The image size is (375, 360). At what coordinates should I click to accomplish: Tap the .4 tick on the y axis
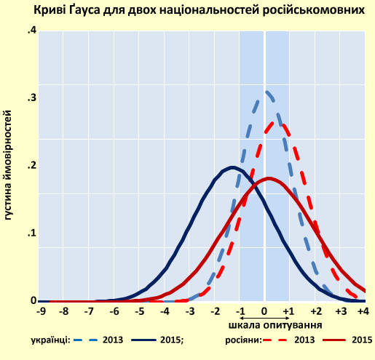(x=31, y=31)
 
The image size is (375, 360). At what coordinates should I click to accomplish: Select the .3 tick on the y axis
(x=31, y=98)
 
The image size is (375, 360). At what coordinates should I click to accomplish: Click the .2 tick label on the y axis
(x=31, y=166)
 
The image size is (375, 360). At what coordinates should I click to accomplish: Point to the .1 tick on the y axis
(x=31, y=233)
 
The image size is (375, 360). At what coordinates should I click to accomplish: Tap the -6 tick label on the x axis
(x=115, y=311)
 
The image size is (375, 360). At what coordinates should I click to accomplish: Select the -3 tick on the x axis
(x=190, y=311)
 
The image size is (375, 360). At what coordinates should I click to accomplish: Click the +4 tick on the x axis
(x=363, y=311)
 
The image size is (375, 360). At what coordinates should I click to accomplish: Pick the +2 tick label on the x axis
(x=315, y=311)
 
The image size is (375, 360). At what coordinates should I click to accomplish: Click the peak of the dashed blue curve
(x=267, y=92)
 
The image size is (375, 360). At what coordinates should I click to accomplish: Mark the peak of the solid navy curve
(x=232, y=167)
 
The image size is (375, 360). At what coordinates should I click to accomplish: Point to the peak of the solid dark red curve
(x=269, y=178)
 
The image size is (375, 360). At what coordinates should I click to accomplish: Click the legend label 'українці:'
(x=50, y=340)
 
